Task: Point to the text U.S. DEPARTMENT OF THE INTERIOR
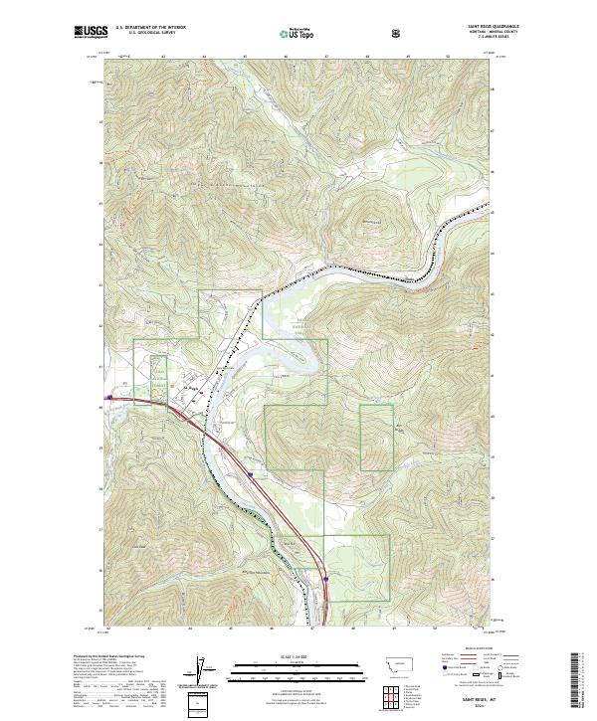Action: tap(150, 28)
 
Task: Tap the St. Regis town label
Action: tap(191, 388)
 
